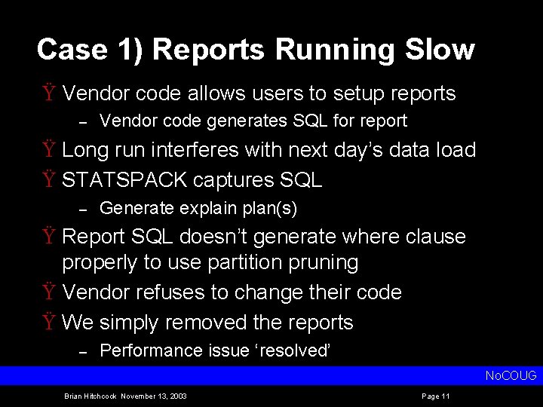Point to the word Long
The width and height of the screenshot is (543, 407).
(x=85, y=150)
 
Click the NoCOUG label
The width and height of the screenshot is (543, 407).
(x=511, y=375)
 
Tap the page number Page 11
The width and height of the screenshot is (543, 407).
(x=436, y=396)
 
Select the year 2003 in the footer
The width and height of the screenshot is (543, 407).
(x=178, y=396)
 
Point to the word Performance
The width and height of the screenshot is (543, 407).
(x=148, y=350)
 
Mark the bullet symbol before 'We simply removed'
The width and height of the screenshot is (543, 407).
(x=48, y=323)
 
